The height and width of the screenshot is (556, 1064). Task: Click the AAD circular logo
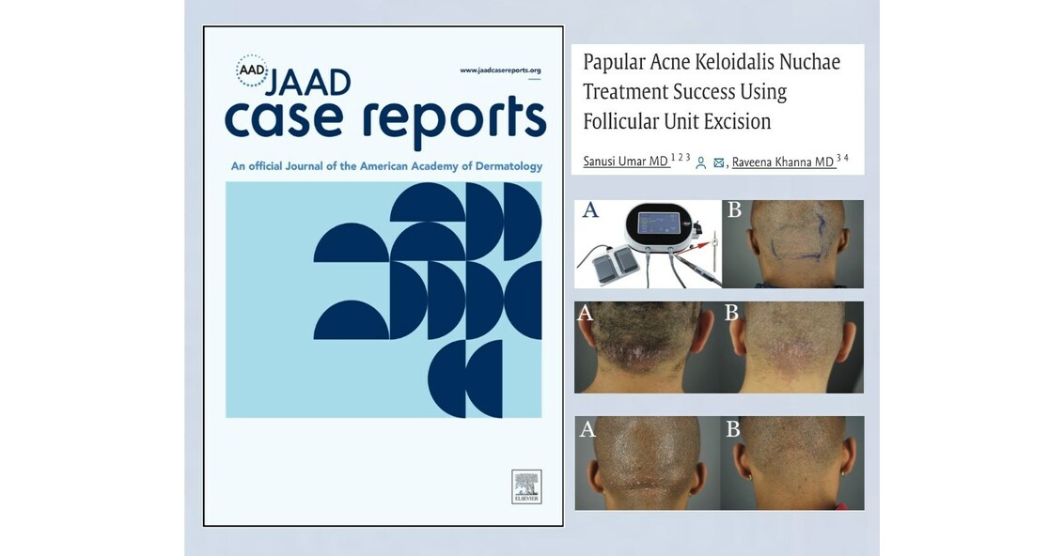pyautogui.click(x=251, y=71)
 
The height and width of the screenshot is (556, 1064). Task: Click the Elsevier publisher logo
pyautogui.click(x=526, y=486)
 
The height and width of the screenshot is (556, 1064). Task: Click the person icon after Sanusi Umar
pyautogui.click(x=701, y=162)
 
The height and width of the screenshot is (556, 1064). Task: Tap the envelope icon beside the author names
pyautogui.click(x=719, y=162)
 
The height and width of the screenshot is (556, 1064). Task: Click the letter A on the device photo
pyautogui.click(x=590, y=210)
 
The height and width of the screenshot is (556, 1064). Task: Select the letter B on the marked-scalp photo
pyautogui.click(x=734, y=210)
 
